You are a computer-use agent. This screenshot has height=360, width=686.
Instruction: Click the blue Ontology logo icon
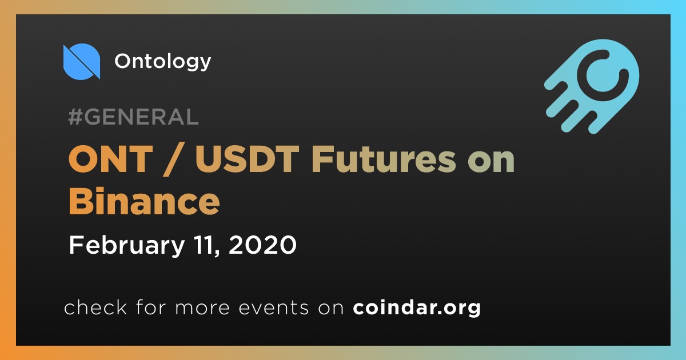[81, 62]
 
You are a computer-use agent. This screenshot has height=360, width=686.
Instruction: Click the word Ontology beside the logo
[162, 62]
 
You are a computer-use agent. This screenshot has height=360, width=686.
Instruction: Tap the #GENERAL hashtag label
[134, 117]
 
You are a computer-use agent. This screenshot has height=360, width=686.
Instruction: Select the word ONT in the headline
[110, 159]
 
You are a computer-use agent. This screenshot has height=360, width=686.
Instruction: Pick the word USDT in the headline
[247, 159]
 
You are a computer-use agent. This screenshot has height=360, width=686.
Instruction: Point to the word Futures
[384, 159]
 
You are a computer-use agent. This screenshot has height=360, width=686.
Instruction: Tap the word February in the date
[127, 246]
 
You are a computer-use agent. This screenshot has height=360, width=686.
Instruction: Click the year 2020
[262, 245]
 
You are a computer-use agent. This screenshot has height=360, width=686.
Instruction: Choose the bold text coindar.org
[417, 307]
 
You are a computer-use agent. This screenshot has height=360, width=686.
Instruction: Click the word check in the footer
[95, 307]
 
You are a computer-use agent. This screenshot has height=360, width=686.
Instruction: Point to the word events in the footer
[273, 308]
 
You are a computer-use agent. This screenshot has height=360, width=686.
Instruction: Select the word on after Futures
[491, 162]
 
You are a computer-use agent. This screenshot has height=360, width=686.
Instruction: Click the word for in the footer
[151, 307]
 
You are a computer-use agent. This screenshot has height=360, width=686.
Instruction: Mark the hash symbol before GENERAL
[75, 117]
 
